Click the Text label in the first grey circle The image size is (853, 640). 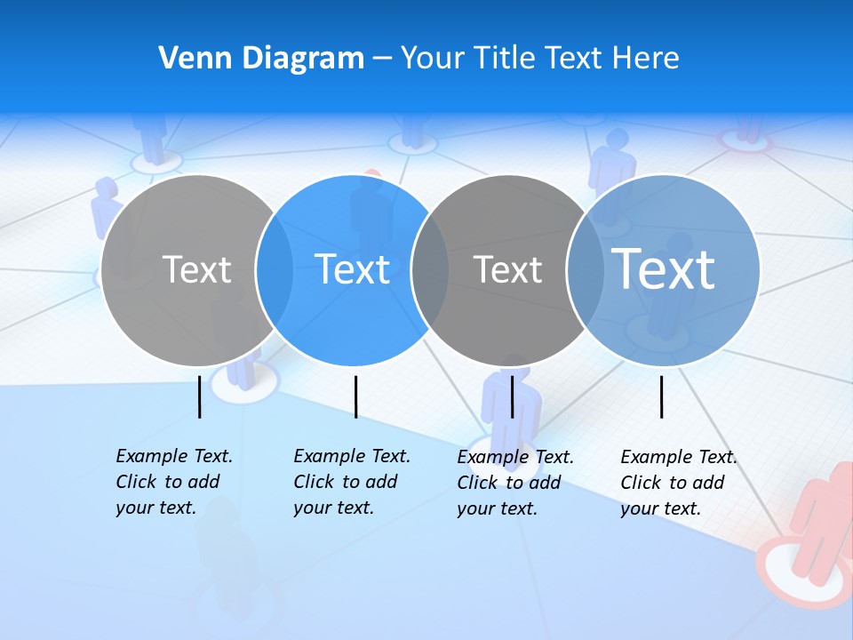[196, 269]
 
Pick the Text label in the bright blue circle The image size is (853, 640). [353, 269]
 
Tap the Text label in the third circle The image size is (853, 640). [507, 269]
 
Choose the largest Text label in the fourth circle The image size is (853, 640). [663, 268]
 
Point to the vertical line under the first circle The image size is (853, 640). [199, 396]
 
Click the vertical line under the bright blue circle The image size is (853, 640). [355, 396]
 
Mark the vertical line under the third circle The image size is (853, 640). [512, 396]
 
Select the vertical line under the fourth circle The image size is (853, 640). [661, 396]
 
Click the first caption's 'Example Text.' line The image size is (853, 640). [174, 456]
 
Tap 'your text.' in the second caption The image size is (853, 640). [333, 508]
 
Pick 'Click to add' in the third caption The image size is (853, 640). [509, 483]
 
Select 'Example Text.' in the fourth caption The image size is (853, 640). [679, 457]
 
